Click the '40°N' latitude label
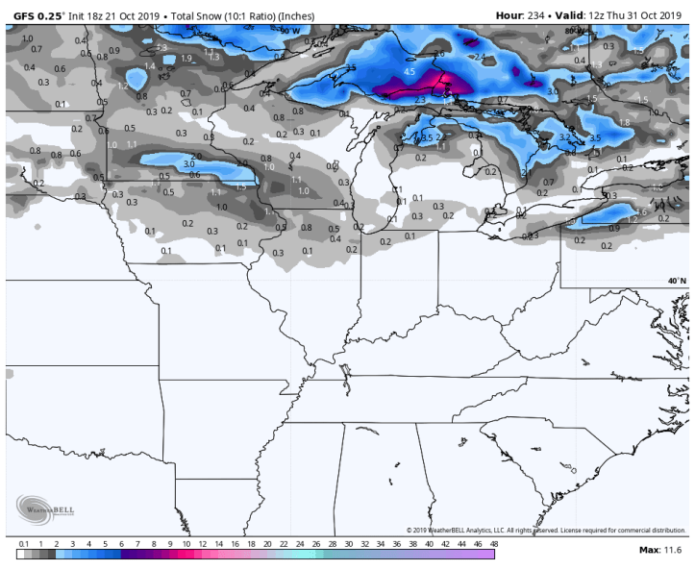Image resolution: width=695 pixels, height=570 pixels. pos(677,281)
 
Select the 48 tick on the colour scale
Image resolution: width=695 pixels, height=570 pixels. pos(494,544)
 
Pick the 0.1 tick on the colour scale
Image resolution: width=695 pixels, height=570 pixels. pos(22,544)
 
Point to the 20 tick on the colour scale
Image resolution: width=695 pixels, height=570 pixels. pos(267,544)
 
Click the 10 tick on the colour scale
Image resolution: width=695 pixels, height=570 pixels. pos(186,544)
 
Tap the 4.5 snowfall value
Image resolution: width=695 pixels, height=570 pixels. pos(409,72)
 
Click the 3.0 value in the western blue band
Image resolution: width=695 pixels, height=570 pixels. pos(189,163)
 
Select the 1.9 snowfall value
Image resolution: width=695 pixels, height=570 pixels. pos(186,59)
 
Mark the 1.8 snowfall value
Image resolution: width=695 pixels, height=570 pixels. pos(624,122)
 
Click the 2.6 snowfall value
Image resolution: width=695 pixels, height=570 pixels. pos(439,53)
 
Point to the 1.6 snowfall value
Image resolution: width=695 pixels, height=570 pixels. pos(642,212)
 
